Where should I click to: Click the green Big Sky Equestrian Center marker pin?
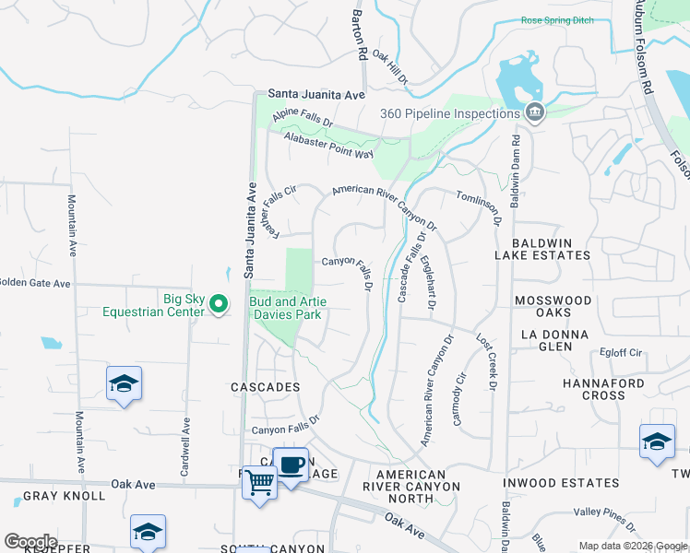click(x=218, y=304)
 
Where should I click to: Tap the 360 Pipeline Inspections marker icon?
click(x=534, y=113)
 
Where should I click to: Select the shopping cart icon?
click(x=259, y=481)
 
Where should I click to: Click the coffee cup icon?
click(x=291, y=465)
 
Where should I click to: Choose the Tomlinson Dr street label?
click(x=479, y=204)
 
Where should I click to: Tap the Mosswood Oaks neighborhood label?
click(x=553, y=308)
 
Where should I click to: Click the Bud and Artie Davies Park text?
click(x=288, y=308)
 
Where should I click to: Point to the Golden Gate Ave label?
click(x=34, y=283)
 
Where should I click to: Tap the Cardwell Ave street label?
click(x=187, y=441)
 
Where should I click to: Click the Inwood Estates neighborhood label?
click(x=561, y=483)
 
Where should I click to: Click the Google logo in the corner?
click(x=30, y=542)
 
